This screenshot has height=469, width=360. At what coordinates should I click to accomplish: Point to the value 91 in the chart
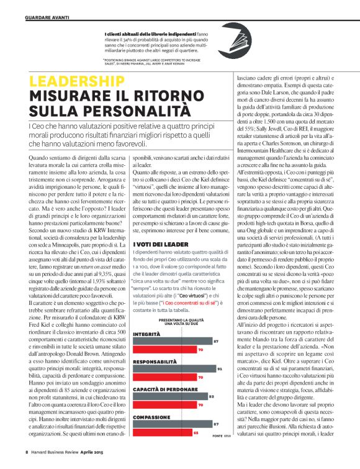(220, 369)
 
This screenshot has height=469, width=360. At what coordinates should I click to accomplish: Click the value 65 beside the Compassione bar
(196, 432)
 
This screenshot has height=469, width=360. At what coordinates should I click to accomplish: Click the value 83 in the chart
(211, 396)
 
